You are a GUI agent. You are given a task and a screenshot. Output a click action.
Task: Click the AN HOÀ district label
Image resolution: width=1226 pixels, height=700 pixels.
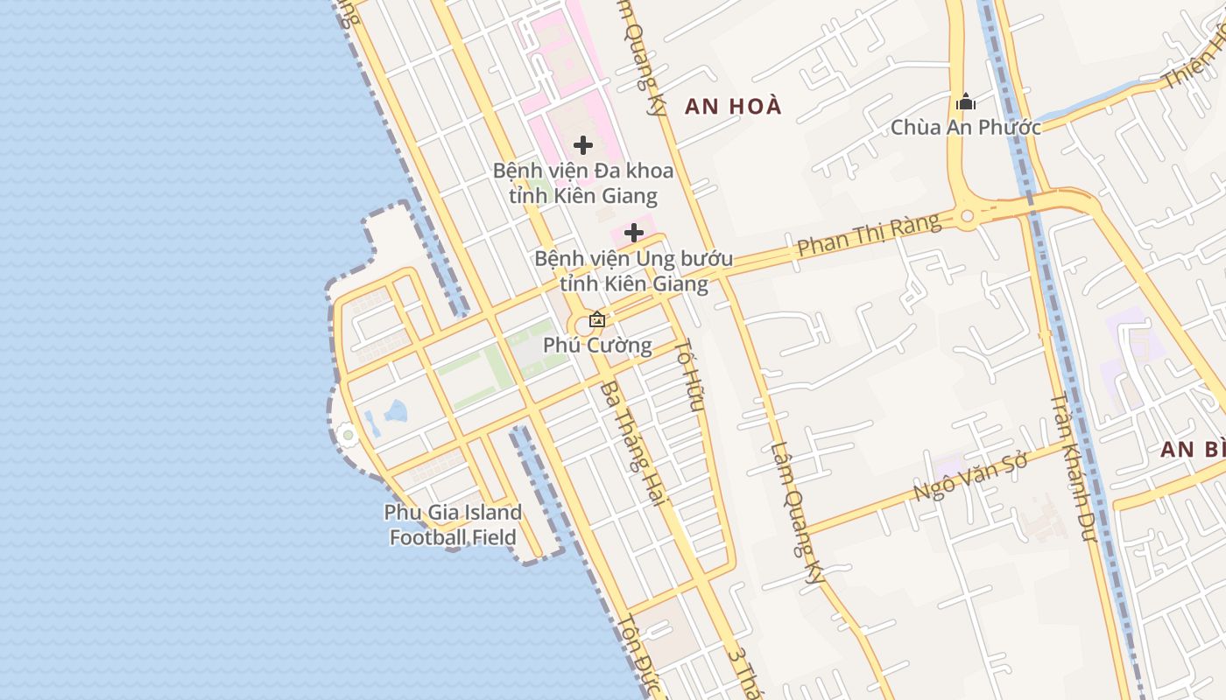[x=733, y=107]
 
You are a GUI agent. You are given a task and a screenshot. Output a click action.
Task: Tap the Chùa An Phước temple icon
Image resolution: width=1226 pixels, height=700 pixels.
[x=966, y=101]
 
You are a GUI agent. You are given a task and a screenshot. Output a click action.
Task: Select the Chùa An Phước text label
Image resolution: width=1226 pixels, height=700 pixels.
[x=966, y=128]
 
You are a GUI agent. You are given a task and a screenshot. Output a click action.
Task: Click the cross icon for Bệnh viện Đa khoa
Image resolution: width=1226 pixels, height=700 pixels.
[x=583, y=145]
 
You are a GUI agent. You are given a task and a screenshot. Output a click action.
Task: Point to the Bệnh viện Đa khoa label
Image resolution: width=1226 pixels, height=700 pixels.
[x=583, y=183]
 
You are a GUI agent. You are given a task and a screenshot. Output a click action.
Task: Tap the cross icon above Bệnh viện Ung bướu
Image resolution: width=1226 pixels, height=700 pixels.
[x=634, y=234]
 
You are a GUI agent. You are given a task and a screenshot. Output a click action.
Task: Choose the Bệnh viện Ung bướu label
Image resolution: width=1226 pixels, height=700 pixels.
[x=634, y=271]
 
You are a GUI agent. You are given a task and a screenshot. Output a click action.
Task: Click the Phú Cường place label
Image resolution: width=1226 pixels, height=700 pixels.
[x=597, y=346]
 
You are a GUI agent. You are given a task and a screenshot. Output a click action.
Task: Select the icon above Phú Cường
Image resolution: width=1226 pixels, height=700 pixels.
[x=597, y=319]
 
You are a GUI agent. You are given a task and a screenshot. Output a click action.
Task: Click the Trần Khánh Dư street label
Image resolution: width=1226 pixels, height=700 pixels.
[x=1074, y=466]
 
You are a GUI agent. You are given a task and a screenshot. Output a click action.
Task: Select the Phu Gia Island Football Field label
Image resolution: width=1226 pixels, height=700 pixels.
[x=453, y=525]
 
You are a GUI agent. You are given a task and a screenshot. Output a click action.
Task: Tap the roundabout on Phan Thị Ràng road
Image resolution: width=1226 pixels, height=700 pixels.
[x=967, y=215]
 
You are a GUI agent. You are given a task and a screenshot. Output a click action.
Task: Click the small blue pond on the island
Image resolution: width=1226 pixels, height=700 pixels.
[x=396, y=410]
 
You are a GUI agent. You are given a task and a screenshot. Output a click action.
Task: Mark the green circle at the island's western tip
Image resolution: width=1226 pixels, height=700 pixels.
[x=348, y=434]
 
